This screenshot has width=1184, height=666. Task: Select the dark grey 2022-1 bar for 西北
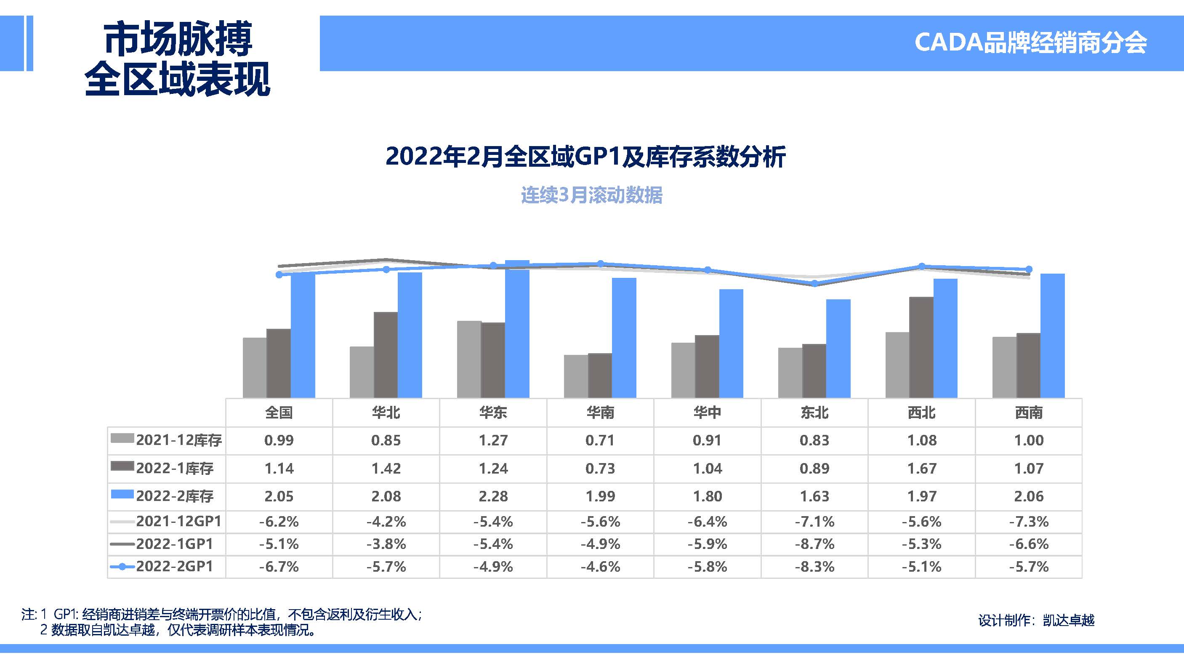[x=921, y=347]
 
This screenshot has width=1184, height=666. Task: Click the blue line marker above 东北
[x=814, y=284]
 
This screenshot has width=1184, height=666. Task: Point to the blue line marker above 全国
[x=279, y=274]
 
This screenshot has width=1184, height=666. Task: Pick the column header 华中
[x=708, y=412]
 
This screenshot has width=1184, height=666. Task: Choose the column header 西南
[x=1029, y=412]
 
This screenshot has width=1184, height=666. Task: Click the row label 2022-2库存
[x=175, y=496]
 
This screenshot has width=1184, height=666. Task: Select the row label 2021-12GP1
[x=179, y=521]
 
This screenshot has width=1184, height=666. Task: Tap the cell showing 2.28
[x=493, y=496]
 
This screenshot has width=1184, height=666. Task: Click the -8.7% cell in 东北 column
[x=814, y=544]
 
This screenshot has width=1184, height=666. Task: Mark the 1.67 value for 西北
[x=921, y=469]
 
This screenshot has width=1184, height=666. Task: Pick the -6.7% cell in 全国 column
[x=279, y=567]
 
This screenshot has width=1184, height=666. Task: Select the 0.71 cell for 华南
[x=600, y=440]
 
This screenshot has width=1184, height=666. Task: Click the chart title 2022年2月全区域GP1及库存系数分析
[x=585, y=156]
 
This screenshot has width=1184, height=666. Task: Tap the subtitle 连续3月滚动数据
[x=591, y=195]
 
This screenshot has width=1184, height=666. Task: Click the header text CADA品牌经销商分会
[x=1030, y=43]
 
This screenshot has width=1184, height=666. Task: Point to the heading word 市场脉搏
[x=178, y=39]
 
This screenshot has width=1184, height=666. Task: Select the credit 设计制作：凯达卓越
[x=1036, y=621]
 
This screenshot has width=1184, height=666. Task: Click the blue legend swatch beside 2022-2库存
[x=122, y=495]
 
